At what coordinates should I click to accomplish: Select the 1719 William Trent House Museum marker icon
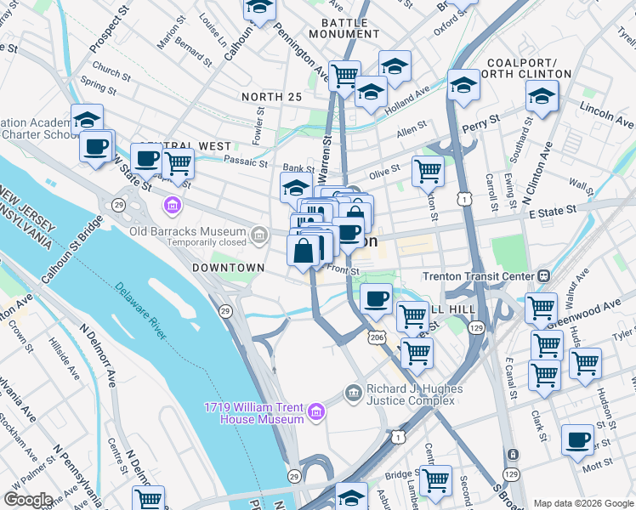pos(316,413)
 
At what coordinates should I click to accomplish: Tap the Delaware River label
pos(141,311)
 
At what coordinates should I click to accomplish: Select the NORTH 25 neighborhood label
pos(271,98)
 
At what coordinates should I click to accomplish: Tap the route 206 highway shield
pos(378,337)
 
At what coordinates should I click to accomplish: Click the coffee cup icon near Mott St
pos(578,440)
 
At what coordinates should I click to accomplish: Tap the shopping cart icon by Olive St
pos(428,171)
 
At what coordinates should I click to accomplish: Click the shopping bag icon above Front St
pos(304,251)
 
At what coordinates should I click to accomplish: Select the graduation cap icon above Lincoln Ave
pos(542,97)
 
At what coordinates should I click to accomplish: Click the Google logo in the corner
pos(29,500)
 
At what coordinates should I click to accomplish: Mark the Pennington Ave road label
pos(303,57)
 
